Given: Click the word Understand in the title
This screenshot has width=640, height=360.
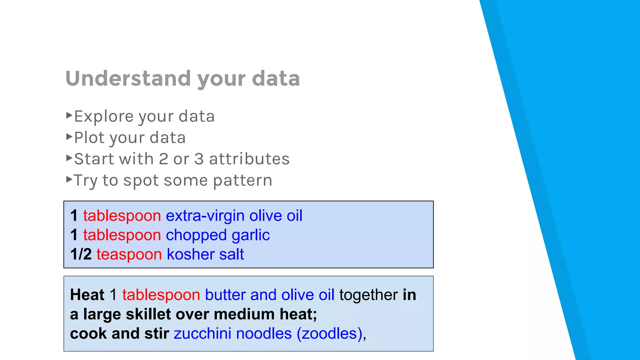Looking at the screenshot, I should pyautogui.click(x=128, y=78).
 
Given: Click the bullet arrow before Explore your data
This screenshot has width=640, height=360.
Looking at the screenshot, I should pyautogui.click(x=69, y=115).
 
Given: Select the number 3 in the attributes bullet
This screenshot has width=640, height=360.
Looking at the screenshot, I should pyautogui.click(x=199, y=159).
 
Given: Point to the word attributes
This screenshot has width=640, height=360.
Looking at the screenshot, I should pyautogui.click(x=249, y=159).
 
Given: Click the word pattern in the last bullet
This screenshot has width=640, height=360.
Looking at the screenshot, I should pyautogui.click(x=242, y=181).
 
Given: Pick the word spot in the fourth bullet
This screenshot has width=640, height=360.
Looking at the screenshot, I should pyautogui.click(x=141, y=181).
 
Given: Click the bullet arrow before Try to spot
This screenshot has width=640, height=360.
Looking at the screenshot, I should pyautogui.click(x=69, y=179).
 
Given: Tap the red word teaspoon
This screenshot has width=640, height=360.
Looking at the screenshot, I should pyautogui.click(x=129, y=254).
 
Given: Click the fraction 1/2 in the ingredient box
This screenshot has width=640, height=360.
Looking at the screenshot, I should pyautogui.click(x=81, y=254).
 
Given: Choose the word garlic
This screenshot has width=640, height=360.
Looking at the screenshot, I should pyautogui.click(x=251, y=235).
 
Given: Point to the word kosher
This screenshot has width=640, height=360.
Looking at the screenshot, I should pyautogui.click(x=190, y=254).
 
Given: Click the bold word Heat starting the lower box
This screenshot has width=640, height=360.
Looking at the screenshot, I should pyautogui.click(x=87, y=295).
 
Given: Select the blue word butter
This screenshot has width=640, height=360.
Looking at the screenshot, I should pyautogui.click(x=225, y=295).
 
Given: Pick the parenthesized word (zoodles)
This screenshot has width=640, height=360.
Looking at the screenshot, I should pyautogui.click(x=329, y=333).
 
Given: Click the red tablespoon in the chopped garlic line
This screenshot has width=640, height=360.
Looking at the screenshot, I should pyautogui.click(x=122, y=235).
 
